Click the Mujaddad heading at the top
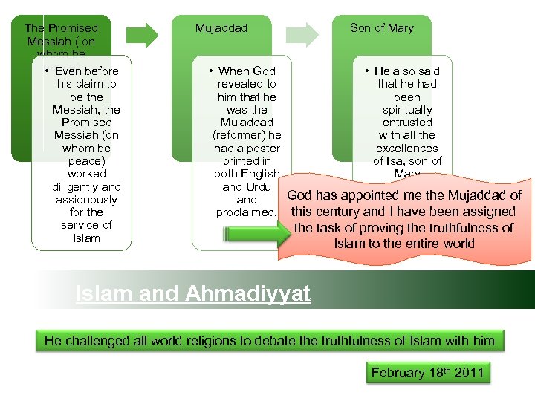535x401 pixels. point(221,28)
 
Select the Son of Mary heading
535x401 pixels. point(381,28)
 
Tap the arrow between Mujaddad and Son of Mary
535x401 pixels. point(304,33)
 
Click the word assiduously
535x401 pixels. point(86,200)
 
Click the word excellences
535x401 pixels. point(407,149)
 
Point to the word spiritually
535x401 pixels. point(407,110)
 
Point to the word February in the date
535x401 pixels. point(398,373)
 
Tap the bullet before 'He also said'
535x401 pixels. point(367,71)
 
